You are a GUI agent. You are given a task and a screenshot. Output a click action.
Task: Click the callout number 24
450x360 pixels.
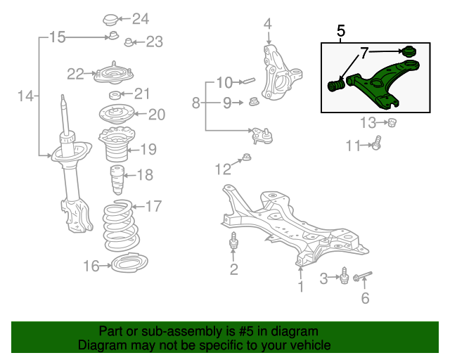(141, 18)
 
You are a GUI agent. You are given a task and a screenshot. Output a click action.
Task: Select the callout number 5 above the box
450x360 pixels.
(341, 31)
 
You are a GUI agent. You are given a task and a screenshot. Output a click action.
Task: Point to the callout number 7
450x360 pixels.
(365, 53)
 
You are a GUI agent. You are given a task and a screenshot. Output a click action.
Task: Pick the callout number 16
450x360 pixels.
(91, 266)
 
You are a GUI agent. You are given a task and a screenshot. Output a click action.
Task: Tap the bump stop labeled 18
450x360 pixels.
(116, 181)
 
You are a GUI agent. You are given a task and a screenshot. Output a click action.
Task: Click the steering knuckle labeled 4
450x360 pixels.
(281, 76)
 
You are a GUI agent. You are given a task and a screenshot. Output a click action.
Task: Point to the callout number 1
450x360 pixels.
(300, 287)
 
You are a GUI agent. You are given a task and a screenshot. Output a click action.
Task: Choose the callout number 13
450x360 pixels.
(368, 124)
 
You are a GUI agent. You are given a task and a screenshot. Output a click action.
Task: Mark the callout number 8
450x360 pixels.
(196, 104)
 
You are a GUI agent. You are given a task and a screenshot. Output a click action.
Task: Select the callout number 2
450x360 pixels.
(233, 269)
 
